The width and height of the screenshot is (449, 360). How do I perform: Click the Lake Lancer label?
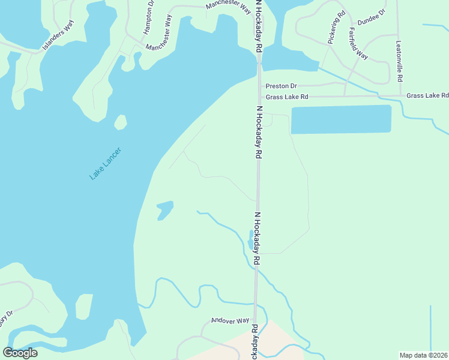tap(106, 163)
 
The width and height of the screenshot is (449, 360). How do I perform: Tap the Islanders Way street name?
tap(58, 37)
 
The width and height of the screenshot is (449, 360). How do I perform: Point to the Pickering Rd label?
tap(337, 26)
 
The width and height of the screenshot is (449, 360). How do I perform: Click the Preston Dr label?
tap(282, 86)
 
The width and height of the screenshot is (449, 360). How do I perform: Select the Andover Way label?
tap(230, 321)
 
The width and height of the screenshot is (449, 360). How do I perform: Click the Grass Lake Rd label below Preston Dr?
tap(287, 97)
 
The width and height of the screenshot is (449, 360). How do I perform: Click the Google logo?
tap(20, 352)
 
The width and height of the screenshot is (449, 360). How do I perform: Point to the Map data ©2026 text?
tap(424, 355)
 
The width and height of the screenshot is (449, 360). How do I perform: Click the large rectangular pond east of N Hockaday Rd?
tap(340, 119)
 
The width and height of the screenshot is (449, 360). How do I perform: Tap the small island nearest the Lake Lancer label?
tap(121, 122)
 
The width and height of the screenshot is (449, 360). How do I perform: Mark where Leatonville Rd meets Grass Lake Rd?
tap(400, 95)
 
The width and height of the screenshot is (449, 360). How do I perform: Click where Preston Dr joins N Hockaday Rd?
tap(259, 87)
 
